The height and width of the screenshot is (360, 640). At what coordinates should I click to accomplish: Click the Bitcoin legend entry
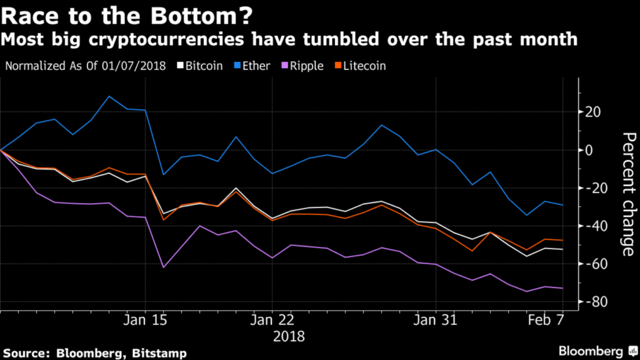pos(201,66)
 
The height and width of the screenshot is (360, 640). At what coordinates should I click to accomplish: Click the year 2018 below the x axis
pos(289,336)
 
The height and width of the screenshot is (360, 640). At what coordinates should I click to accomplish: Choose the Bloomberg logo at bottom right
pos(594,351)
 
